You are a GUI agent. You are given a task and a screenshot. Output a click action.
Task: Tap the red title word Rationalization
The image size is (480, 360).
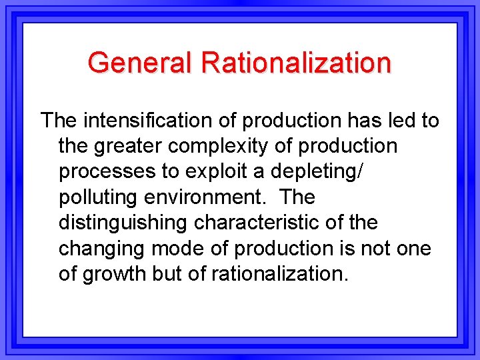[296, 63]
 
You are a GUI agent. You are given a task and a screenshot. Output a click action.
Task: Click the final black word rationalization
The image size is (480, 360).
[280, 273]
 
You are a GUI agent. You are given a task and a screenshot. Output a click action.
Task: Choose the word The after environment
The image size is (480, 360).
[297, 197]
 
